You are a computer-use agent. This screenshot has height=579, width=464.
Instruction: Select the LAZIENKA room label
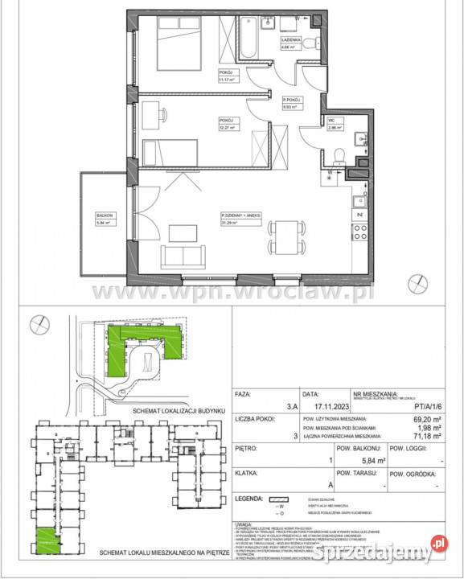291,39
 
